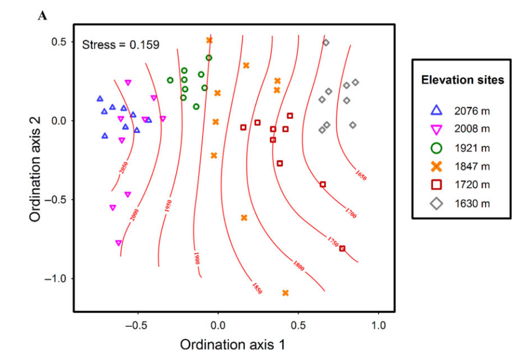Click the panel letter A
click(x=42, y=15)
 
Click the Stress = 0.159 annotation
click(x=121, y=44)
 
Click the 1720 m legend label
click(x=472, y=185)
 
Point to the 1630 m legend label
click(x=472, y=204)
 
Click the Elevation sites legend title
click(x=463, y=81)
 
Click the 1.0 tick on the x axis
click(x=379, y=324)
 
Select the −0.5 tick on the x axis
click(x=138, y=324)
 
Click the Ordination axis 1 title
click(x=233, y=344)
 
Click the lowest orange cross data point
click(x=286, y=293)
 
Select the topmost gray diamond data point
click(x=326, y=43)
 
